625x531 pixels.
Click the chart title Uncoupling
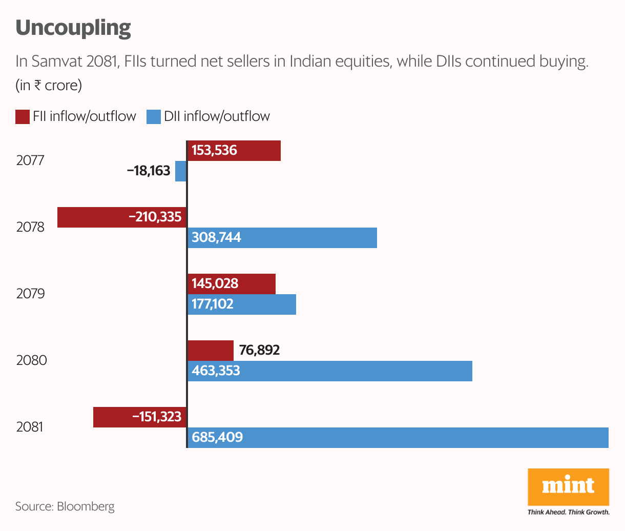[x=73, y=28]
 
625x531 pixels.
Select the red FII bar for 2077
[x=234, y=151]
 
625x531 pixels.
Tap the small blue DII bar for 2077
[x=181, y=171]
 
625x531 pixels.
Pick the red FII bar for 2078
[x=122, y=217]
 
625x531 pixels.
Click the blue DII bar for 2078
[x=282, y=238]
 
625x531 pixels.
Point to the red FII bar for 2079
[x=232, y=284]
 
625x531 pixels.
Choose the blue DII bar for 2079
[x=242, y=304]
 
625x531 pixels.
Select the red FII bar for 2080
[x=211, y=351]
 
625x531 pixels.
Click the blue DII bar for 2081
[x=398, y=438]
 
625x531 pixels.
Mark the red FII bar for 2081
[x=140, y=417]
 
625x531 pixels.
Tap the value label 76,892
[x=259, y=351]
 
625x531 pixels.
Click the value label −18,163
[x=149, y=171]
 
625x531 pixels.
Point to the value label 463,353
[x=216, y=371]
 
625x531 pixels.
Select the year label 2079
[x=30, y=294]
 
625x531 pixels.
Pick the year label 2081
[x=30, y=427]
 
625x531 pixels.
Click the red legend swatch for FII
[x=23, y=117]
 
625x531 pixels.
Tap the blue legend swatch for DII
[x=154, y=117]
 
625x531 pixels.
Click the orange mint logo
[x=568, y=486]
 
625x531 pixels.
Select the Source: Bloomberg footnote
[x=65, y=507]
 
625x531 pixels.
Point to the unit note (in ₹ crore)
[x=49, y=85]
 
